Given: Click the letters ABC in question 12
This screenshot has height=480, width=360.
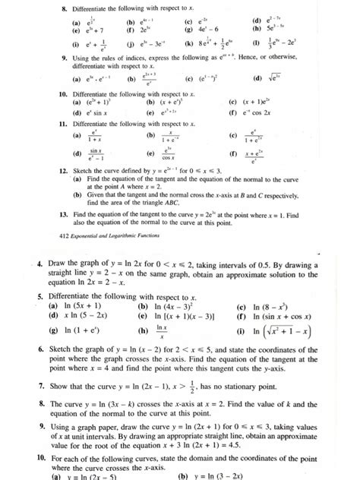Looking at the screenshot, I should click(175, 203).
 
